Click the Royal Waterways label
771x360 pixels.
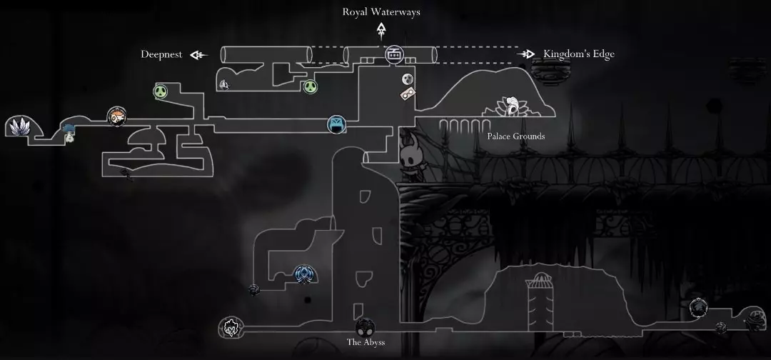coord(381,11)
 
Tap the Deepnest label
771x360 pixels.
coord(161,54)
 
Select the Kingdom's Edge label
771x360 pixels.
coord(578,54)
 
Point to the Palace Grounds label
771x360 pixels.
coord(515,136)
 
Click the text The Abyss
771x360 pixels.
coord(366,342)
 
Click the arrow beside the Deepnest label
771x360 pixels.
coord(198,54)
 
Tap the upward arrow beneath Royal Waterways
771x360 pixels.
coord(381,29)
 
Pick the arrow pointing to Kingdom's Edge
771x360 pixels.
coord(527,54)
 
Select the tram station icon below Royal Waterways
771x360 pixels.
coord(394,54)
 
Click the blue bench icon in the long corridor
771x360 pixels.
coord(336,124)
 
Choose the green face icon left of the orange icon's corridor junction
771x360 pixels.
coord(161,91)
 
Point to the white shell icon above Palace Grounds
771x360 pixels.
coord(512,106)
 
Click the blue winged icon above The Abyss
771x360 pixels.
coord(304,273)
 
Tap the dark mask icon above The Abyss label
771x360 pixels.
coord(365,327)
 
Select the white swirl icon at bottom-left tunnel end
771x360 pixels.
coord(231,328)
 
